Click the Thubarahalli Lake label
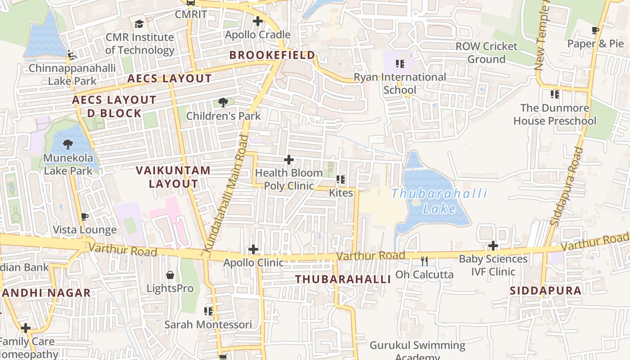tap(439, 201)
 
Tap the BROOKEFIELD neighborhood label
tap(272, 55)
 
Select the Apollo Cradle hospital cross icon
tap(258, 21)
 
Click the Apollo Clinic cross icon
tap(253, 249)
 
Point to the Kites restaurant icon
tap(341, 180)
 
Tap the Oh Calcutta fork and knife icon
tap(424, 261)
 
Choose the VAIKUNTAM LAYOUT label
tap(173, 177)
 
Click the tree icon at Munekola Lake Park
tap(68, 144)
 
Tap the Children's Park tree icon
tap(223, 103)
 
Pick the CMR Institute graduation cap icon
tap(139, 23)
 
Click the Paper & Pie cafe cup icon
tap(595, 31)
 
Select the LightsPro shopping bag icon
tap(170, 274)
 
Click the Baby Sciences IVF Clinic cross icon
tap(493, 246)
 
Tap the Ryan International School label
tap(400, 83)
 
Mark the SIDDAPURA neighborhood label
tap(545, 291)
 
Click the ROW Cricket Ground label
tap(486, 53)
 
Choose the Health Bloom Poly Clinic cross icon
tap(289, 160)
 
